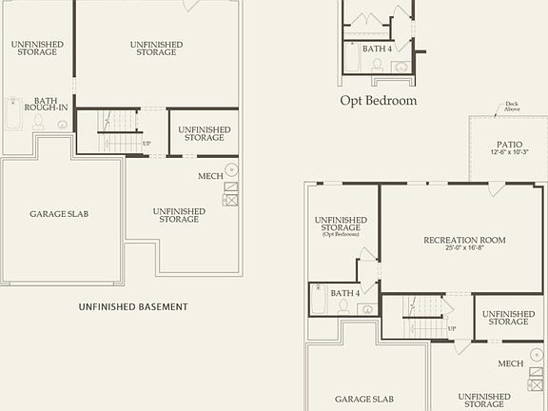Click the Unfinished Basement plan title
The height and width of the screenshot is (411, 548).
coord(133,306)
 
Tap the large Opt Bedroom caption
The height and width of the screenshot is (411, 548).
coord(378,100)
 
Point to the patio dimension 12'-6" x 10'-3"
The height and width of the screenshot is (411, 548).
coord(509,151)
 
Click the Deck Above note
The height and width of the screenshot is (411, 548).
coord(512,106)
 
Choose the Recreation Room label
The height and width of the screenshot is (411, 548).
coord(464,240)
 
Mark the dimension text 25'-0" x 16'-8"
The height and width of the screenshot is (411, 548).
coord(464,248)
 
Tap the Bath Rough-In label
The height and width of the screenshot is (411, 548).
coord(46,104)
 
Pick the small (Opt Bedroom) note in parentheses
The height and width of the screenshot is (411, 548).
coord(341,234)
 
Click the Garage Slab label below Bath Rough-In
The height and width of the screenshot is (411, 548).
coord(59,214)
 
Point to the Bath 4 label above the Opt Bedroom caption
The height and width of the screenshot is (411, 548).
coord(377,49)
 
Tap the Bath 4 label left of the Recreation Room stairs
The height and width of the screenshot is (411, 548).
coord(345,293)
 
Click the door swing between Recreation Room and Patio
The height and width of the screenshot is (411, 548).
coord(495,188)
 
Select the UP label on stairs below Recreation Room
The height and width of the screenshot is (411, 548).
coord(451,329)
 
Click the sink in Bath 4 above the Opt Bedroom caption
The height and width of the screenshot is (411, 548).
coord(401,67)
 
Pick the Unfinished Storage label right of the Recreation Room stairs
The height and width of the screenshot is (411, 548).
coord(508,318)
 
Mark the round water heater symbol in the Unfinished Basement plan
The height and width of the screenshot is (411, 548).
coord(231,169)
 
